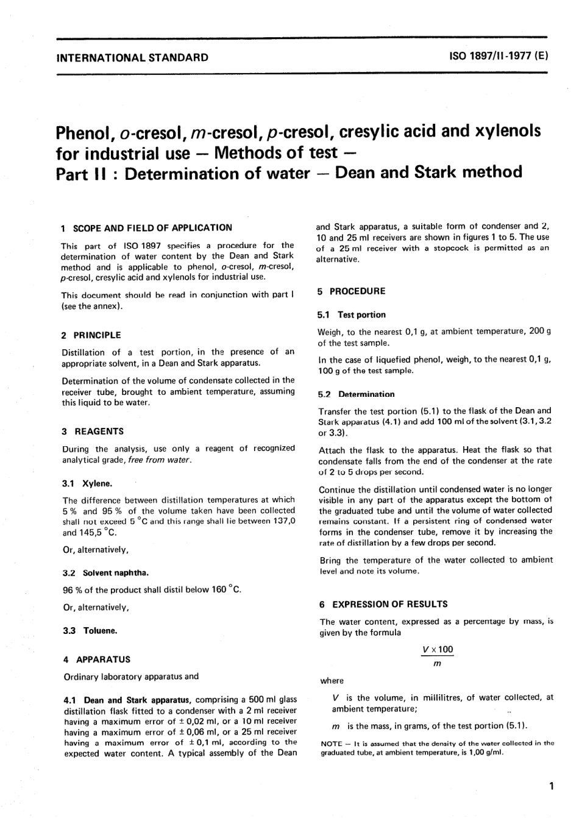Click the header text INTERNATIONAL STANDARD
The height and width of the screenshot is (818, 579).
point(132,58)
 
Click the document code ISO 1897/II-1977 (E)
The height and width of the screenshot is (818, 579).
point(499,57)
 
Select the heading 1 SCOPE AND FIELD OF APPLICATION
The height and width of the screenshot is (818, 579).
point(146,228)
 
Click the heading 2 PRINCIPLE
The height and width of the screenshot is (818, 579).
point(91,335)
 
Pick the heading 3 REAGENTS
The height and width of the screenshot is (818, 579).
point(93,432)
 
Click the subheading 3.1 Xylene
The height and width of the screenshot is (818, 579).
point(88,483)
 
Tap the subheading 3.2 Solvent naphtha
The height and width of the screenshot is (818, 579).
point(106,573)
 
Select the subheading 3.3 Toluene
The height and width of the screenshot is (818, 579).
point(90,631)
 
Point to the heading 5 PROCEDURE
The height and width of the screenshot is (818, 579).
point(352,291)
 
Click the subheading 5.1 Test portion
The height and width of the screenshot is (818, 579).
point(352,315)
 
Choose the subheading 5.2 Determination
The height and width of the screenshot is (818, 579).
point(356,394)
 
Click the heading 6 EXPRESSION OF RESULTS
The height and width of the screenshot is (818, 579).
point(383,604)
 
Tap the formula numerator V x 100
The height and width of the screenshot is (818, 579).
point(437,650)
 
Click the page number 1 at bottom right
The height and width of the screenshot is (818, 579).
point(551,786)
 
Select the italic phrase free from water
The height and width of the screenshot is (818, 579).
point(160,460)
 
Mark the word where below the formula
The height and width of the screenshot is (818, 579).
point(332,681)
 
